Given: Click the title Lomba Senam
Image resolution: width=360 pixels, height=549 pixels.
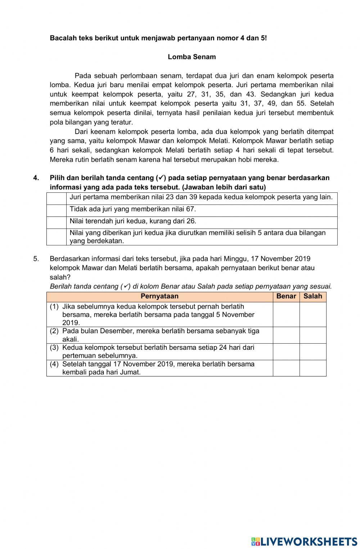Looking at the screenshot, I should click(192, 57).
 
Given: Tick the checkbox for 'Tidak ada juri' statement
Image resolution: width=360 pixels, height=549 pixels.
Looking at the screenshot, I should click(57, 210).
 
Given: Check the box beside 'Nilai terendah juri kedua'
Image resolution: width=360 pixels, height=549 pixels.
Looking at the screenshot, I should click(57, 222).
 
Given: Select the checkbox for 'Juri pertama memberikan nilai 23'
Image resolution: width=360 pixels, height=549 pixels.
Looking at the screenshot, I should click(57, 198).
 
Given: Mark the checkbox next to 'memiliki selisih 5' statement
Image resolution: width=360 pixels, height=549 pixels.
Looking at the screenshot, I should click(57, 237).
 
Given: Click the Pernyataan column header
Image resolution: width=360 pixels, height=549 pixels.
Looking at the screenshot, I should click(159, 296).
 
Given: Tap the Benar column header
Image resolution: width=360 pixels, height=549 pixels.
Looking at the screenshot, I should click(286, 296).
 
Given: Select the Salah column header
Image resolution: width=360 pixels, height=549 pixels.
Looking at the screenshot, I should click(313, 296).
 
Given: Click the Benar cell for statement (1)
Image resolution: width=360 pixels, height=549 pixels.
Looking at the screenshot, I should click(286, 314).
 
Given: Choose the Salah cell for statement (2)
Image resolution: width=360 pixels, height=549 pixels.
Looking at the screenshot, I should click(313, 335).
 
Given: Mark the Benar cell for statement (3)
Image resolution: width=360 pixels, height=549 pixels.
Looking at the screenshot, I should click(286, 352).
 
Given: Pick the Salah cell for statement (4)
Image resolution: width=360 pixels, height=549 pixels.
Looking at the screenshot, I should click(313, 368).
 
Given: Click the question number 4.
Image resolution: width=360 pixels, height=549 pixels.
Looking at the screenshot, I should click(36, 178).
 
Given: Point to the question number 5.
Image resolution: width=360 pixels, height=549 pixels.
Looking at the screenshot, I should click(36, 259).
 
